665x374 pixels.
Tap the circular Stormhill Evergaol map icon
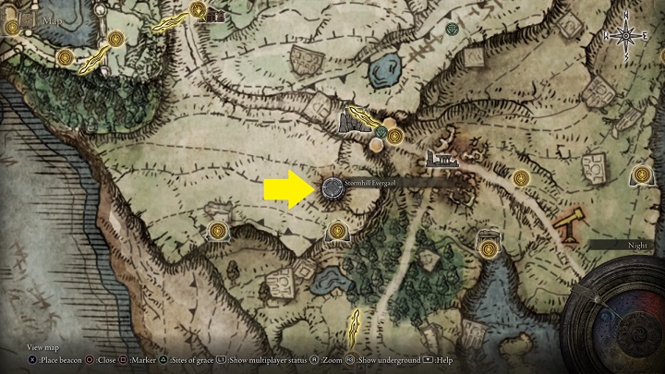pyautogui.click(x=332, y=188)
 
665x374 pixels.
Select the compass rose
pyautogui.click(x=626, y=35)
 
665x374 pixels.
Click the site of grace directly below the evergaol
pyautogui.click(x=339, y=227)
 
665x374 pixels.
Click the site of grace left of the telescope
pyautogui.click(x=520, y=177)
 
